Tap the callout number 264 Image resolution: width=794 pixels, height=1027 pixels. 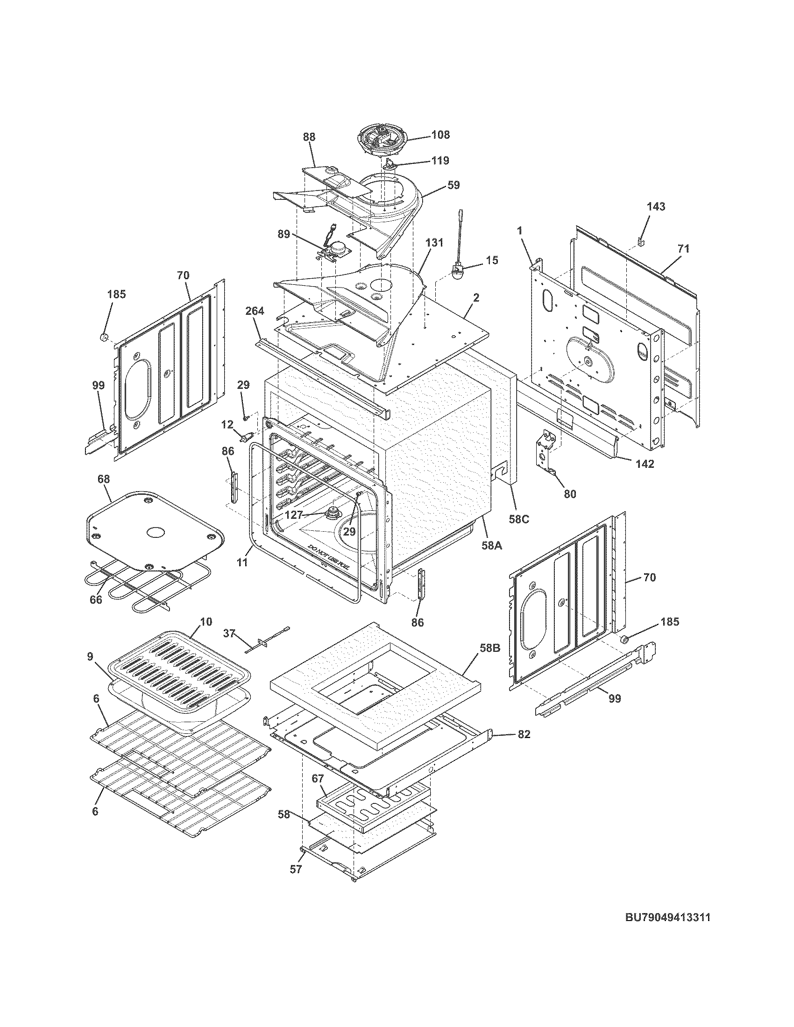tap(255, 311)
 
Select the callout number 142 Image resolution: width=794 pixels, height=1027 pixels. tap(645, 464)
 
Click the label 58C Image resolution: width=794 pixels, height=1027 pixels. tap(518, 520)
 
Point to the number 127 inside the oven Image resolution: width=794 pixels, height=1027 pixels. tap(294, 515)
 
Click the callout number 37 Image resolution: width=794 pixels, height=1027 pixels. tap(229, 634)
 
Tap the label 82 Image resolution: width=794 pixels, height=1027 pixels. tap(525, 734)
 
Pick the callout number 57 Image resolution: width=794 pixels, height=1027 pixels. tap(295, 870)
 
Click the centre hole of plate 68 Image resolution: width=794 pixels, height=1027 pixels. tap(156, 532)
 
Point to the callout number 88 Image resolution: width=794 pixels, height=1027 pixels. tap(309, 137)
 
